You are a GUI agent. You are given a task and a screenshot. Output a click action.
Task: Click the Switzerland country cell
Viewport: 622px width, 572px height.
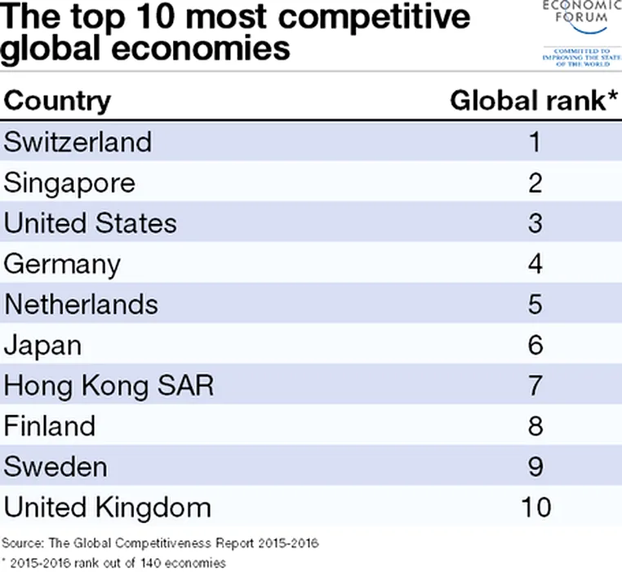78,141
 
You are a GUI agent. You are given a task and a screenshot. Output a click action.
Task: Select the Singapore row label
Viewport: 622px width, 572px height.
69,182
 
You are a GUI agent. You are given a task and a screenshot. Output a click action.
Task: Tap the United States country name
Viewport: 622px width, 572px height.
90,223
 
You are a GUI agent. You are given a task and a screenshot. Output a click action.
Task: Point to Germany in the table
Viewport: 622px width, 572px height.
62,264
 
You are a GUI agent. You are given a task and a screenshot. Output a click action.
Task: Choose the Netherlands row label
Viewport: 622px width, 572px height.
81,304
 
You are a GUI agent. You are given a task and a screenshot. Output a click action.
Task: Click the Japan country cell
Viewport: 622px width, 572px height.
43,345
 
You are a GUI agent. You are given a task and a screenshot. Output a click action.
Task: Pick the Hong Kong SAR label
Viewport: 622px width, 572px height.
109,386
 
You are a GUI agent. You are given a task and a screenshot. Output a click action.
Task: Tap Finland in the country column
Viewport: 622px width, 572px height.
50,426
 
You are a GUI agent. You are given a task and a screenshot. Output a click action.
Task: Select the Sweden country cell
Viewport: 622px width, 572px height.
56,467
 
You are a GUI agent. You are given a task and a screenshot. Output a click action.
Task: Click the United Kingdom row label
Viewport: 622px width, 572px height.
108,507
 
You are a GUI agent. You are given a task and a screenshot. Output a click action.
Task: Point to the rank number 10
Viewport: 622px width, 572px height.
535,507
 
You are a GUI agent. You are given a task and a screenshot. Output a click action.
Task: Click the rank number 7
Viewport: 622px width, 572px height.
535,386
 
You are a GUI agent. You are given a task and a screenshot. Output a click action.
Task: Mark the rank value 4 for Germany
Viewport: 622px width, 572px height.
535,264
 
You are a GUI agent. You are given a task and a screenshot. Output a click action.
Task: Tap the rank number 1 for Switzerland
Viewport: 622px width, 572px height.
535,141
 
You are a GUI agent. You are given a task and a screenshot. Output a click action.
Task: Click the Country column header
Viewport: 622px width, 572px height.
57,101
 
